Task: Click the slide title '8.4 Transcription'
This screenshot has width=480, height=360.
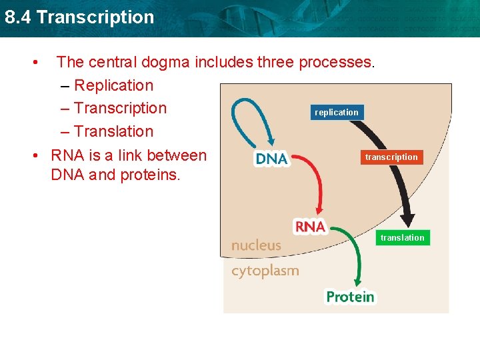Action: [x=79, y=17]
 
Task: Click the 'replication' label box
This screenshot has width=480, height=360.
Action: [x=337, y=113]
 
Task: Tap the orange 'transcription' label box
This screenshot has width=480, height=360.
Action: [x=391, y=157]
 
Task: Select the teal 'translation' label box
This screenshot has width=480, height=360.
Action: [x=402, y=238]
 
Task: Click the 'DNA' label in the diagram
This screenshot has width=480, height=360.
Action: [x=271, y=159]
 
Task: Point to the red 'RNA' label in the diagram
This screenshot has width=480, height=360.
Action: [x=310, y=227]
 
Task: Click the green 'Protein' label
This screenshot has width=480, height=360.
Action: [x=350, y=297]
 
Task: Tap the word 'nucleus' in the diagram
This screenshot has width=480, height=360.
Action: [x=256, y=245]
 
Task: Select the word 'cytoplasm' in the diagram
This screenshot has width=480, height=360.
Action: [x=265, y=271]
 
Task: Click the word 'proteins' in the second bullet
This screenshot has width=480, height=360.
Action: [x=150, y=175]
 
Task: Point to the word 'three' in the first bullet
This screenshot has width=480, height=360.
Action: [x=275, y=63]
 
